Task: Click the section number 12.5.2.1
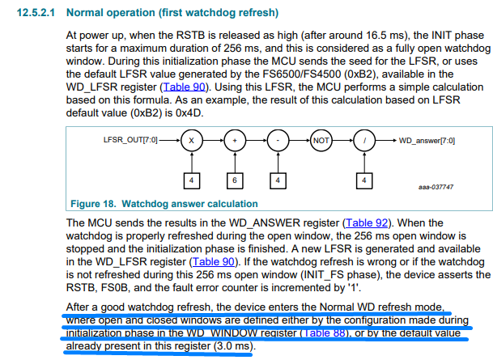[x=36, y=13]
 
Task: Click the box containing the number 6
[x=235, y=180]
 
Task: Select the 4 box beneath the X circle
[x=192, y=180]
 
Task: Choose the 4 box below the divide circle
[x=364, y=180]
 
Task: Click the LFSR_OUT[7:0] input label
[x=130, y=140]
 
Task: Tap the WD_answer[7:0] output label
[x=427, y=141]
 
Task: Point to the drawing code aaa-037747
[x=436, y=187]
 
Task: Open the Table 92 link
[x=367, y=222]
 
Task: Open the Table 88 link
[x=325, y=332]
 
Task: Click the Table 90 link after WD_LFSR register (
[x=185, y=87]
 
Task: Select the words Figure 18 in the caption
[x=93, y=204]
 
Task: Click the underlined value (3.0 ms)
[x=235, y=346]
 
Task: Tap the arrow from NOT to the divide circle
[x=342, y=141]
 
